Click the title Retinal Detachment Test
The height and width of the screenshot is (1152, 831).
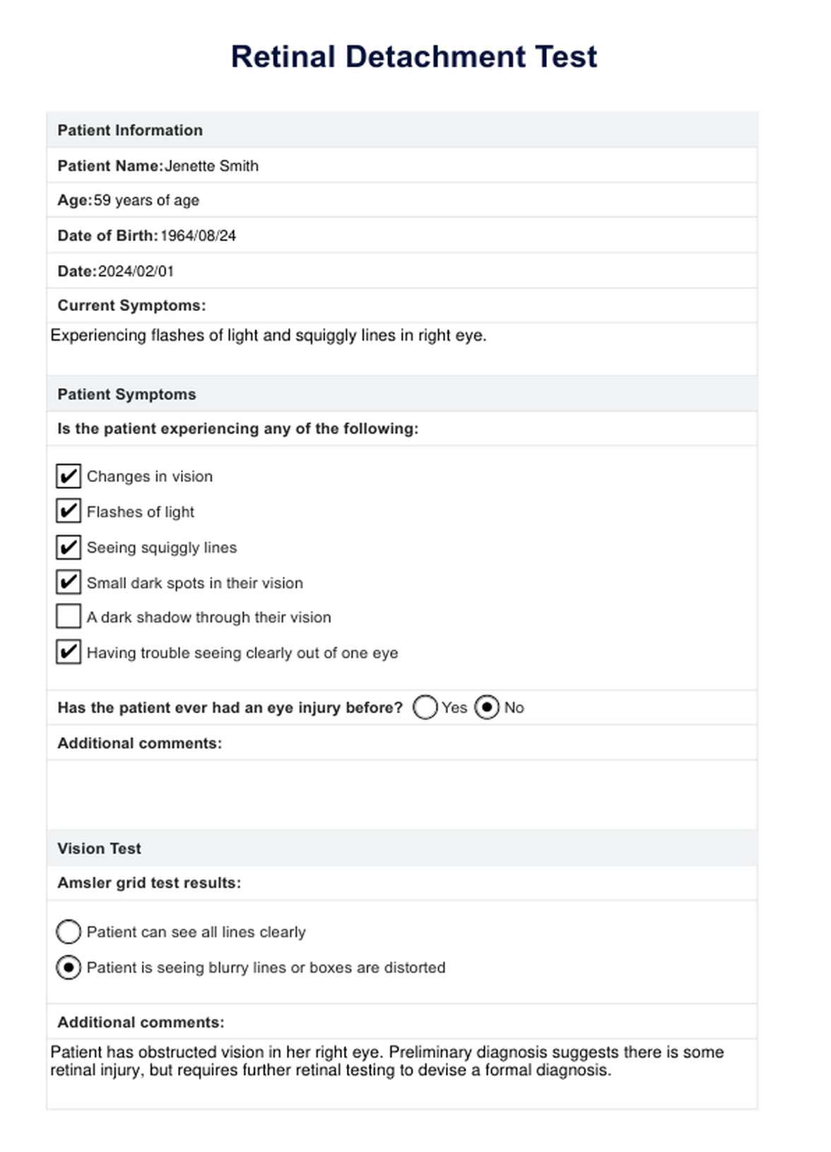pos(414,57)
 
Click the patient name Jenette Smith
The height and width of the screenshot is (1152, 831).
pos(211,166)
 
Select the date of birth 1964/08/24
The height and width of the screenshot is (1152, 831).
pos(198,236)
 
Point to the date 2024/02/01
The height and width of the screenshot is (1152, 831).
pos(136,271)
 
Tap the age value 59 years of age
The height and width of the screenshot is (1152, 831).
pos(146,201)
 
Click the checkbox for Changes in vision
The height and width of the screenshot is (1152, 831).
pos(69,476)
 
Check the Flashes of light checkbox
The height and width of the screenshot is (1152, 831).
pos(69,511)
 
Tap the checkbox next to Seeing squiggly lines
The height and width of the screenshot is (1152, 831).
pos(69,547)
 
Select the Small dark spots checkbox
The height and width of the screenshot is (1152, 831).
pos(69,582)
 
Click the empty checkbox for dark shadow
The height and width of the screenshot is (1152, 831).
pos(69,617)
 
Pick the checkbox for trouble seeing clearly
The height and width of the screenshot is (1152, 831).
pos(69,652)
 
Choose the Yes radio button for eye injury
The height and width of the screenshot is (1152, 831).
pos(425,707)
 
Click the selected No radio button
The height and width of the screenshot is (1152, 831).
pos(487,707)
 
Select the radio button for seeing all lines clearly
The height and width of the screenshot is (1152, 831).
pos(69,932)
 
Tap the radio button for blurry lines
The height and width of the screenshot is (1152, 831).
pos(69,968)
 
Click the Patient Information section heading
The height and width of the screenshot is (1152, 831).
pos(130,131)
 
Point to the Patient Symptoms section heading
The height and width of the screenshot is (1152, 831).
pos(126,394)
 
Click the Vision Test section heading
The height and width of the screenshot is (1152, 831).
pos(99,849)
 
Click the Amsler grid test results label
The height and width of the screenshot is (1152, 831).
pos(149,883)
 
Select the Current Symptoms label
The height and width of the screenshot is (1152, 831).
pos(131,306)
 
